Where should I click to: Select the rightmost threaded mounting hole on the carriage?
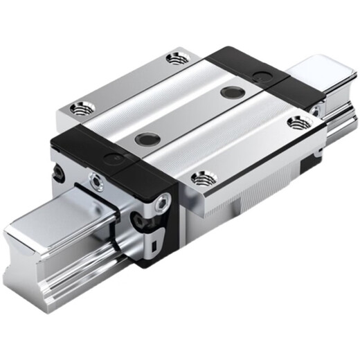[x=298, y=123]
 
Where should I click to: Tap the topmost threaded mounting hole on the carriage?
[x=176, y=58]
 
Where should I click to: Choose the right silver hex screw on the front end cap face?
[x=161, y=203]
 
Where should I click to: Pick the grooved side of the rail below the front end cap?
[x=104, y=273]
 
